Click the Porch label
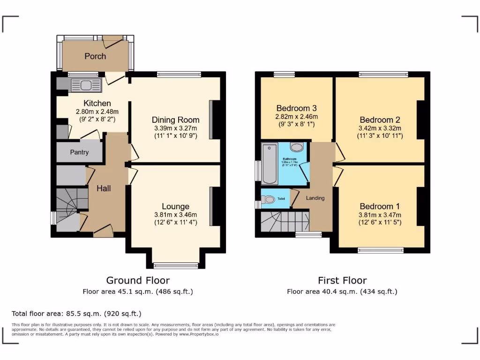coord(95,56)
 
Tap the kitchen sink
coord(85,85)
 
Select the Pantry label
coord(79,152)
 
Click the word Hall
coord(104,188)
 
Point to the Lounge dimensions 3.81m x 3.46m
coord(175,215)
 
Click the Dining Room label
coord(175,120)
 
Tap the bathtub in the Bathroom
coord(270,164)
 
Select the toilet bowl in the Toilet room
coord(269,200)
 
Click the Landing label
coord(315,198)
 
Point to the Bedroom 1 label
coord(380,206)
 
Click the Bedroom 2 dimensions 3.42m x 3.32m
coord(380,128)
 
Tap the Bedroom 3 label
coord(296,108)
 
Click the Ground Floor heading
coord(138,280)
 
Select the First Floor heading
coord(342,280)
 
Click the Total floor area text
coord(76,314)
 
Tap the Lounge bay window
coord(176,266)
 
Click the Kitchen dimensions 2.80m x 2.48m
coord(97,112)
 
